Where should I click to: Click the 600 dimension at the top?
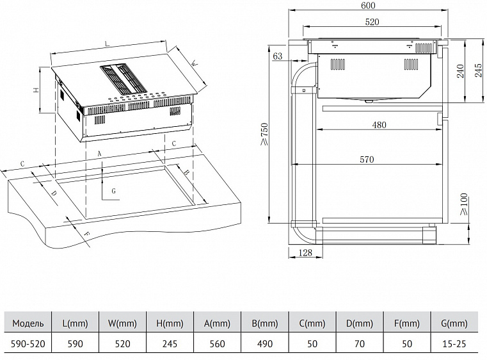coord(367,6)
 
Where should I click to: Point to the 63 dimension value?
coord(278,57)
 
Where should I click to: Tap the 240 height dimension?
coord(459,71)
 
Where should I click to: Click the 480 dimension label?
coord(379,125)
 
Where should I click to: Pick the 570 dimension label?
coord(366,160)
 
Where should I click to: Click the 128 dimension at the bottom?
coord(307,253)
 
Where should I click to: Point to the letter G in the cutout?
coord(113,190)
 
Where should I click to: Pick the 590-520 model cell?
coord(28,343)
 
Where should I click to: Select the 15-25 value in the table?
coord(458,343)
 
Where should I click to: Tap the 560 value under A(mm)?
coord(218,343)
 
